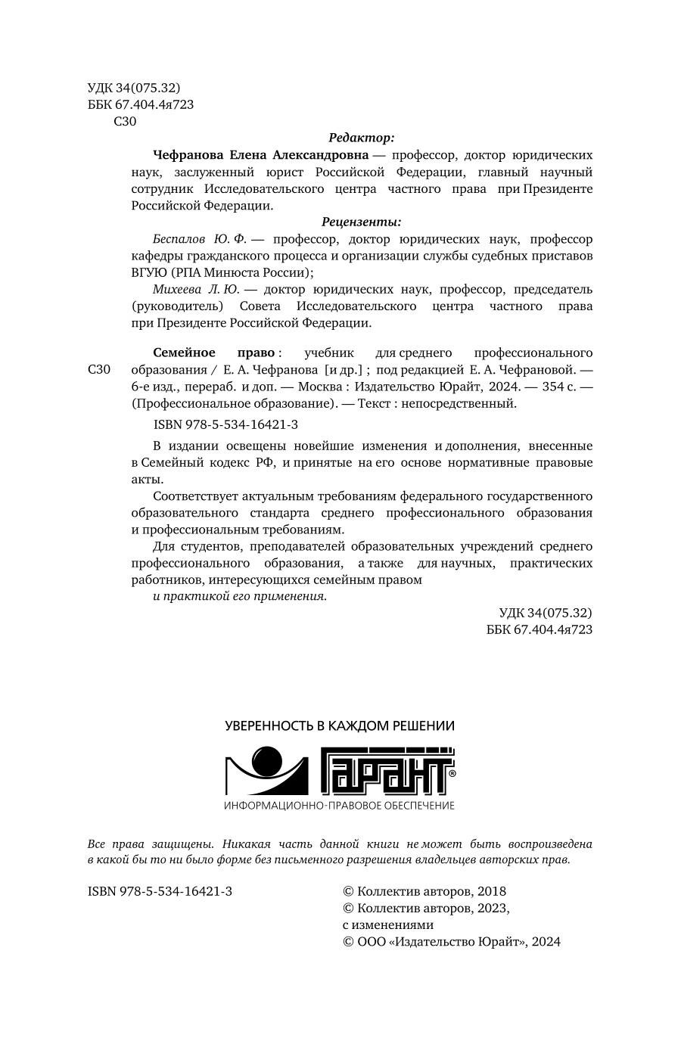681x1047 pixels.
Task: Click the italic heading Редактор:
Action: pos(362,138)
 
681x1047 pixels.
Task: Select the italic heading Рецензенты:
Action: pos(361,222)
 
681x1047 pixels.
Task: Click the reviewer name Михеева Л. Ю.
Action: pos(195,289)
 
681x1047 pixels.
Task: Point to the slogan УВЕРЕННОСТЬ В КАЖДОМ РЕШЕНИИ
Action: pos(340,726)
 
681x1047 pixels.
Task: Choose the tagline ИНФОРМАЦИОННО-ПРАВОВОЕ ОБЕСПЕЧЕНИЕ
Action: pos(340,806)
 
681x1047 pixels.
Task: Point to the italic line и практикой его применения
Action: pos(240,596)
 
